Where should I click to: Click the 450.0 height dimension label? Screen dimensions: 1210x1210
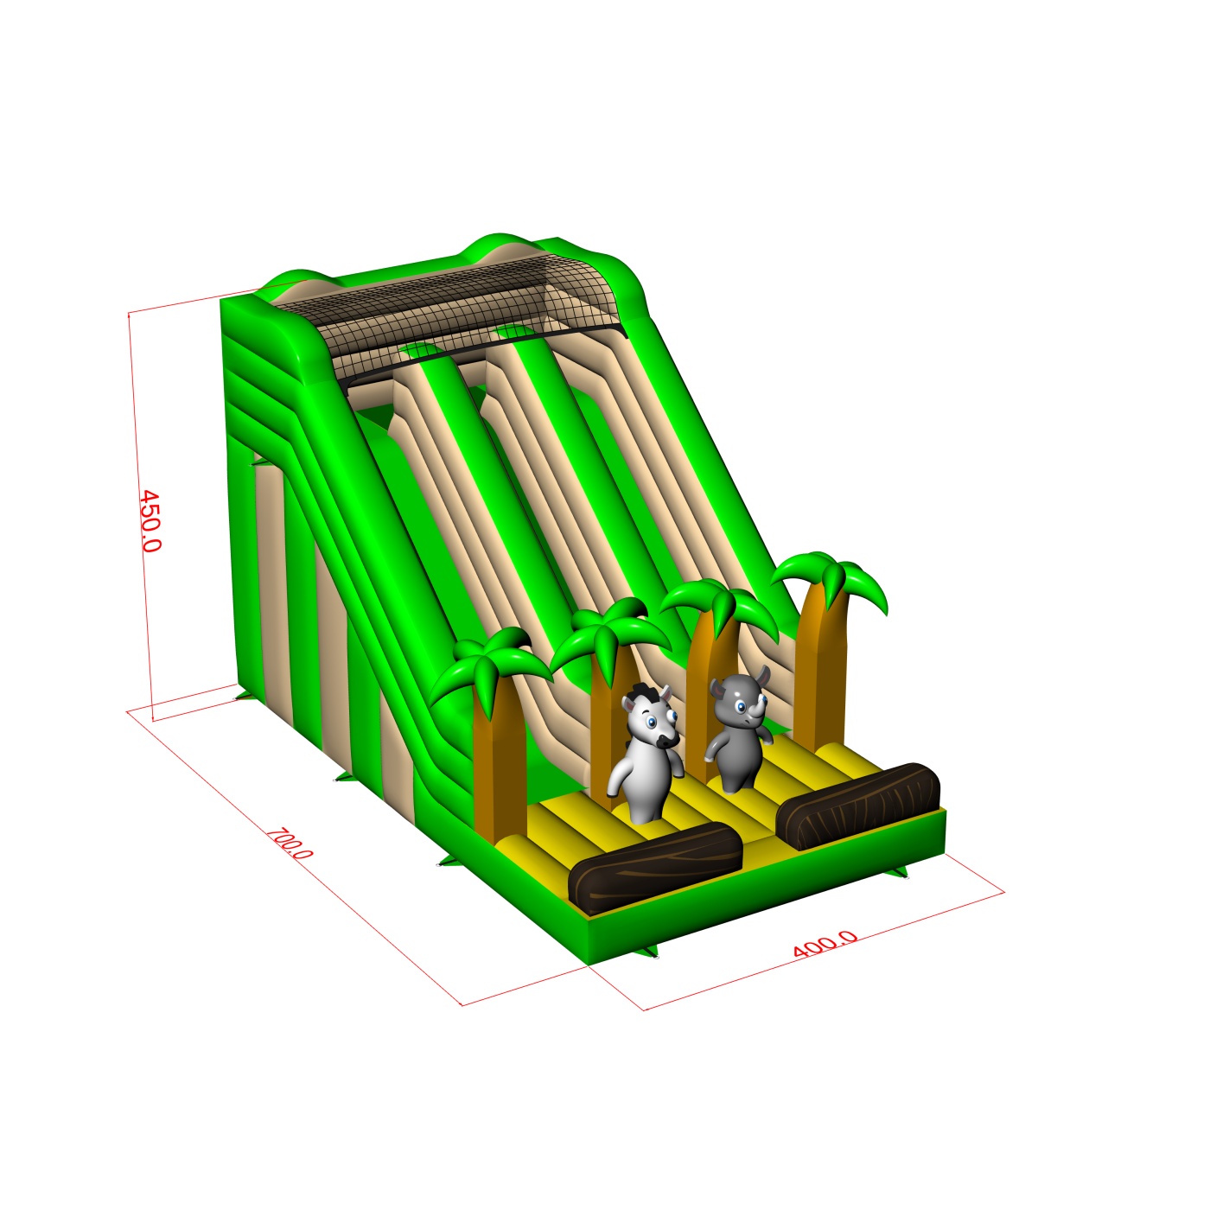[x=150, y=520]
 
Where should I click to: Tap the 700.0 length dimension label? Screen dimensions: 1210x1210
[x=290, y=844]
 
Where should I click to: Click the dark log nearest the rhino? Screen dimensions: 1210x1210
[x=858, y=805]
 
